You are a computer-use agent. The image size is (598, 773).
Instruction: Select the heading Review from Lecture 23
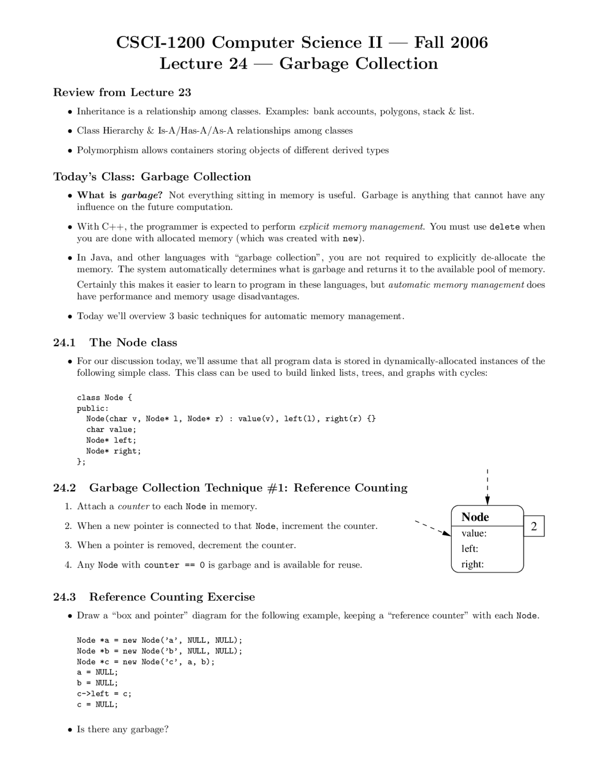122,92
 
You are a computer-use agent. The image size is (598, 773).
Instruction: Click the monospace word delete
504,227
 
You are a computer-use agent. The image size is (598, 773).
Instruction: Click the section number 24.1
64,343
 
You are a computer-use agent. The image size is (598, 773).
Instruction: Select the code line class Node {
104,398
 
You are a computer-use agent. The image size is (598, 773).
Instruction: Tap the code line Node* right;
113,451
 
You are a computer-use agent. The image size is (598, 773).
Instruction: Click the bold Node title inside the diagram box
475,517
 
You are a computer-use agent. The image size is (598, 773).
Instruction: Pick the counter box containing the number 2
534,526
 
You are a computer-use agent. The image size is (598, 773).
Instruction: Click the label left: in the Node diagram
470,548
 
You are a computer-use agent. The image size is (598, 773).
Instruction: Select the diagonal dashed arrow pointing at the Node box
433,528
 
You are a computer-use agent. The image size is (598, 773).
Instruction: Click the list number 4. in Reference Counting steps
68,565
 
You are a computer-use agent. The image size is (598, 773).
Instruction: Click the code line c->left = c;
104,694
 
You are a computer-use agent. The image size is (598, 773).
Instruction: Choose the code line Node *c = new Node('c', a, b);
145,661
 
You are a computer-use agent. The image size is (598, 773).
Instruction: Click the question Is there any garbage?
122,729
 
